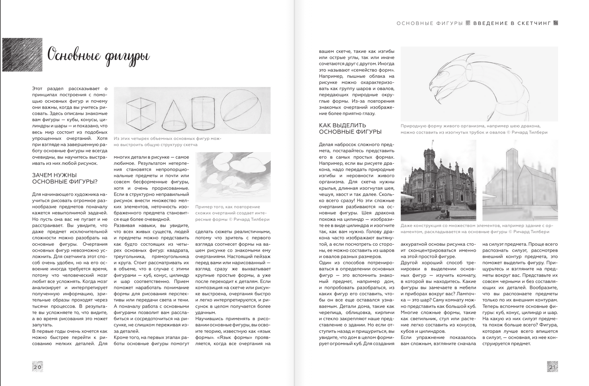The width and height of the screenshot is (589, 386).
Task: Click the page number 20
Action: pos(37,367)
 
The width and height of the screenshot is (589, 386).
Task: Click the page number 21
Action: pos(553,367)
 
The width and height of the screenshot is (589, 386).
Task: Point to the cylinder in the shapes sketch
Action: pos(203,113)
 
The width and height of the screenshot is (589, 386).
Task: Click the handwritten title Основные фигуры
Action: pos(98,55)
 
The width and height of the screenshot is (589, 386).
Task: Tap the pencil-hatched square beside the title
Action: pos(22,55)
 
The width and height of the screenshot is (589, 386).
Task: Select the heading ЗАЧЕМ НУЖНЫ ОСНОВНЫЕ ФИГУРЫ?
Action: pos(65,178)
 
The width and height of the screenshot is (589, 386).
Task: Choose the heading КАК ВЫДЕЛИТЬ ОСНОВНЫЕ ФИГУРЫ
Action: pos(350,128)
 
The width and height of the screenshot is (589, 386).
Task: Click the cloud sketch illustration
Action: pos(233,177)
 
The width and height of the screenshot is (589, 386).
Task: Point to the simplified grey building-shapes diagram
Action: pos(520,185)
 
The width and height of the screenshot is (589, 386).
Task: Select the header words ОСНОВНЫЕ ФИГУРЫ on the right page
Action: pos(430,23)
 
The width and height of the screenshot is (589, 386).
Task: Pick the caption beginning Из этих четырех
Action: pos(167,141)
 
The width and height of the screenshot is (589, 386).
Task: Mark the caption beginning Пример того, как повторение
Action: pos(232,213)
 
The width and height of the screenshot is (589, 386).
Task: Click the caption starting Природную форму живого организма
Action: pos(474,129)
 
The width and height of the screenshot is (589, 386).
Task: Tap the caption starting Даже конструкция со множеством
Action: pos(477,229)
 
